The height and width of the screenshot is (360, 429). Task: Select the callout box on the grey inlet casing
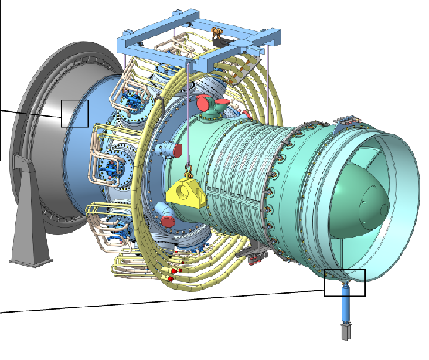coord(76,113)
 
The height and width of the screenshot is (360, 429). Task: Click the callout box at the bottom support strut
coord(344,283)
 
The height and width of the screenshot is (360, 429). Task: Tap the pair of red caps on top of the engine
coord(209,102)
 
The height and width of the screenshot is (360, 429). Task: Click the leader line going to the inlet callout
coord(31,114)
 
